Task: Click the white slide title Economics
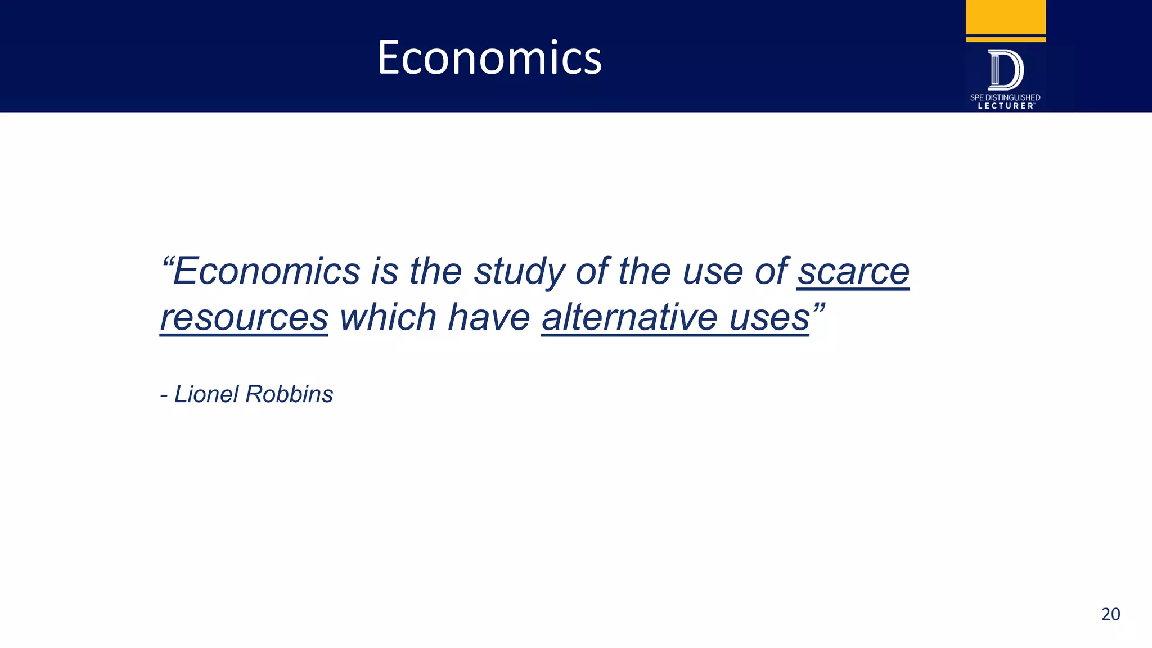(489, 57)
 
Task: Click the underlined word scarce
(853, 272)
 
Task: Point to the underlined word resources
(244, 318)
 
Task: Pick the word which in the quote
(388, 317)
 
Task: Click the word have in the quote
(489, 317)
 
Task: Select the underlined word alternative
(629, 317)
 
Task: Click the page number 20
(1110, 614)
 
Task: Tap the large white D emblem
(1006, 70)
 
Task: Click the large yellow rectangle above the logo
(1006, 17)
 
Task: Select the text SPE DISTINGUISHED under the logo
(1005, 97)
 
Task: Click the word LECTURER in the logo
(1006, 106)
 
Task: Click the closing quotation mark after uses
(818, 308)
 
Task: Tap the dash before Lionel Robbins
(164, 396)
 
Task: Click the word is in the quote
(384, 272)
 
